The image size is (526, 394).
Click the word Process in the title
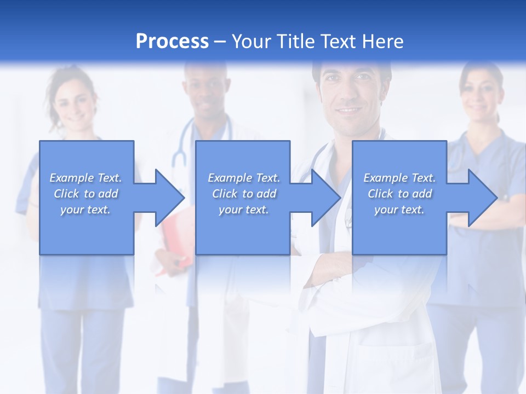(172, 42)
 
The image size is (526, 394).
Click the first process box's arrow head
(169, 198)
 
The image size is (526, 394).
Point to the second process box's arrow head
(325, 198)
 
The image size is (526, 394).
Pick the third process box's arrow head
(482, 198)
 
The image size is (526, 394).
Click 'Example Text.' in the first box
(86, 178)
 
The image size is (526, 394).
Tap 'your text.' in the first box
(86, 210)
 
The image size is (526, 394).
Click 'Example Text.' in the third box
(399, 178)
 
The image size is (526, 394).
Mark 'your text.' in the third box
(399, 210)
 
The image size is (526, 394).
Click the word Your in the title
(250, 42)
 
